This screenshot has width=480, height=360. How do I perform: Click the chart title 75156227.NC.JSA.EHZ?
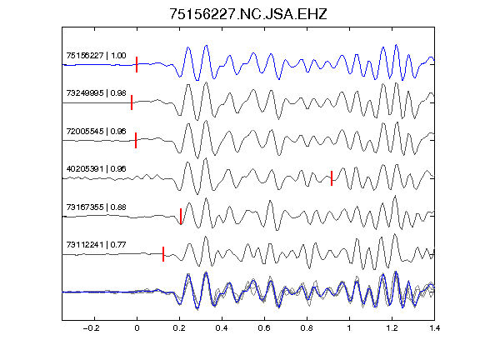pyautogui.click(x=248, y=14)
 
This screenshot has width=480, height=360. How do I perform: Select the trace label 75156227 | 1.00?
pyautogui.click(x=96, y=55)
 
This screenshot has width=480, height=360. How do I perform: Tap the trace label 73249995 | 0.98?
pyautogui.click(x=96, y=93)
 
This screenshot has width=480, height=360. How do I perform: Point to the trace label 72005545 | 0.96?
pyautogui.click(x=96, y=131)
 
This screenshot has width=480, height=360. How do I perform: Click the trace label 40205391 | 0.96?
pyautogui.click(x=96, y=168)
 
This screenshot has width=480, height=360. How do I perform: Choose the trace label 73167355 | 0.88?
pyautogui.click(x=96, y=207)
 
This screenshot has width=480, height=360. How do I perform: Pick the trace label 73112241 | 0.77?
pyautogui.click(x=96, y=245)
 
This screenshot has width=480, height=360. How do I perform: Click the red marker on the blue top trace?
pyautogui.click(x=137, y=65)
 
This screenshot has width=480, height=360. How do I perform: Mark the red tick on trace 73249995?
pyautogui.click(x=132, y=102)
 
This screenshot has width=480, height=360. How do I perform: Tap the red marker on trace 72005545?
pyautogui.click(x=136, y=140)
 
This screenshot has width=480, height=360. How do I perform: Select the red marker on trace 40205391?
pyautogui.click(x=332, y=178)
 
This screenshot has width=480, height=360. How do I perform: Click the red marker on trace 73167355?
pyautogui.click(x=181, y=216)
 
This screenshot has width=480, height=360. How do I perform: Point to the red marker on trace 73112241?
pyautogui.click(x=163, y=254)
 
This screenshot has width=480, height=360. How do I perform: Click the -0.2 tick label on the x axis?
pyautogui.click(x=91, y=328)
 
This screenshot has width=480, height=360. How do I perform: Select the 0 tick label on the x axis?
pyautogui.click(x=137, y=328)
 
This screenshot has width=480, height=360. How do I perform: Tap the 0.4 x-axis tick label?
pyautogui.click(x=222, y=328)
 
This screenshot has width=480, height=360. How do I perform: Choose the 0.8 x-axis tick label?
pyautogui.click(x=307, y=328)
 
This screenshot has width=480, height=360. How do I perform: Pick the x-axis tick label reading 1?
pyautogui.click(x=349, y=328)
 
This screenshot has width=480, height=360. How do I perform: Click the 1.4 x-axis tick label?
pyautogui.click(x=434, y=328)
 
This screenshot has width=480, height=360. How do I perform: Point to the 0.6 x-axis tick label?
pyautogui.click(x=264, y=328)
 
